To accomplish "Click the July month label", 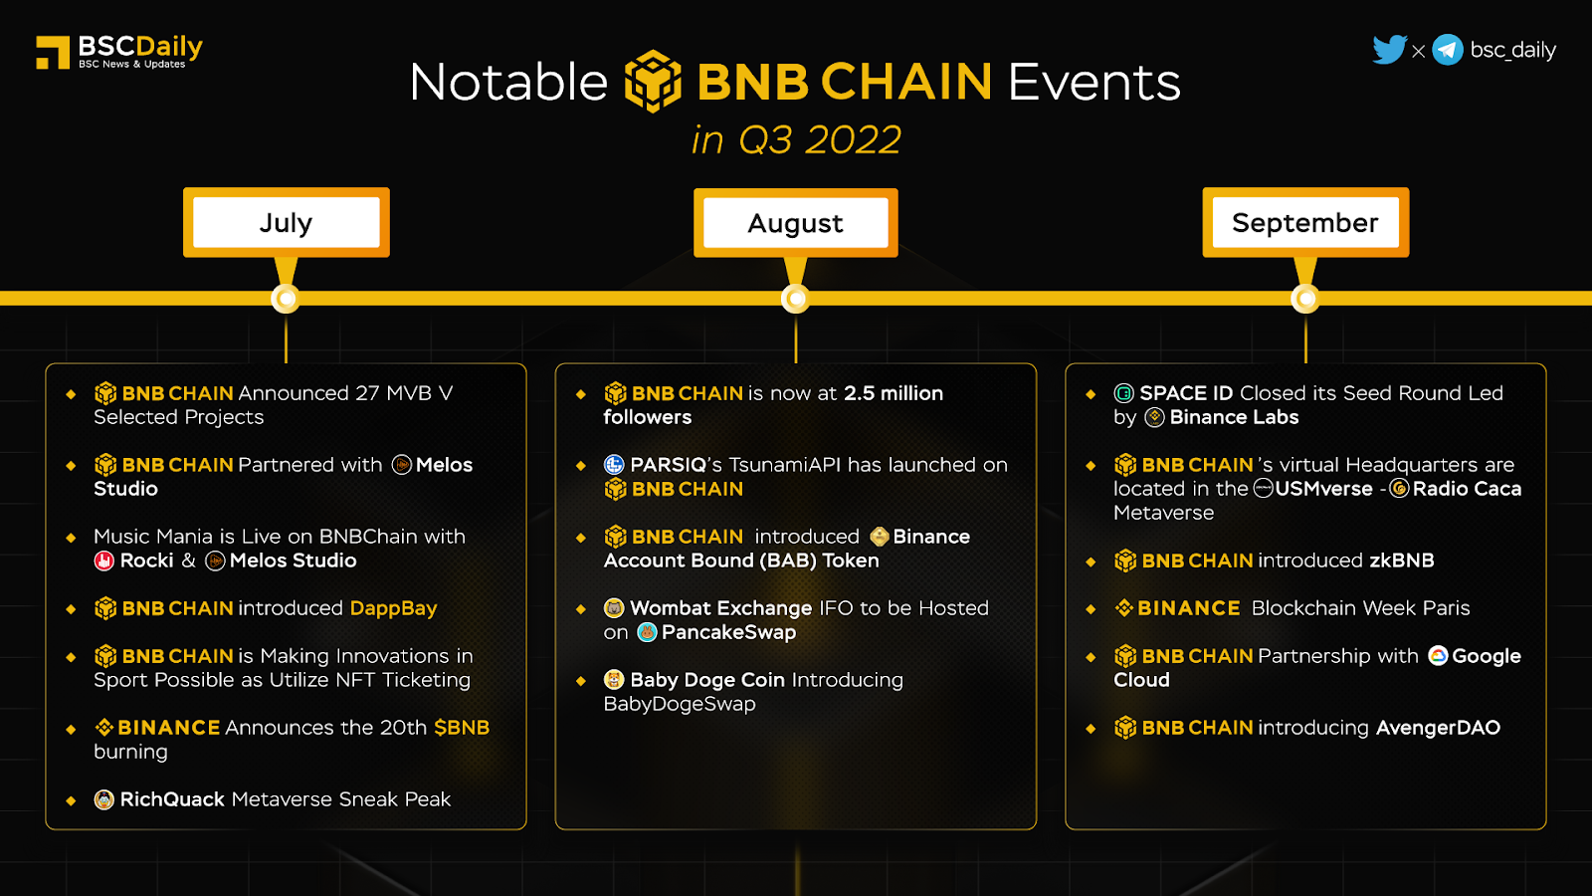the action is click(286, 223).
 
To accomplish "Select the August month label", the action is click(795, 223).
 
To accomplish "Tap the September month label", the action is click(1304, 223).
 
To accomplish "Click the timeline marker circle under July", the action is click(286, 299).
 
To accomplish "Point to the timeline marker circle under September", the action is click(1305, 299).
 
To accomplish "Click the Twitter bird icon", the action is click(1389, 49).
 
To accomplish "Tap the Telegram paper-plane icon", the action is click(1448, 50).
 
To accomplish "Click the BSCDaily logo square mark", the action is click(53, 52).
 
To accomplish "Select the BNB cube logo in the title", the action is click(653, 81).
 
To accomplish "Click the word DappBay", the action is click(393, 608).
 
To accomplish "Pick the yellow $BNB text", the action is click(462, 728).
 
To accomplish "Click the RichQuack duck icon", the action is click(103, 799).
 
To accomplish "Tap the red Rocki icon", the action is click(103, 560).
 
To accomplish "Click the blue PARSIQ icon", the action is click(613, 464).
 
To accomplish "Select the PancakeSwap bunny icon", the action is click(647, 632).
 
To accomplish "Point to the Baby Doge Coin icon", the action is click(613, 680).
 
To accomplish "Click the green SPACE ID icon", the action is click(1123, 393).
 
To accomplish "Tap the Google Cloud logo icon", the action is click(1438, 656).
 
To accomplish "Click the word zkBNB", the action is click(1402, 560).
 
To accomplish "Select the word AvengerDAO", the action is click(1438, 728).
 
